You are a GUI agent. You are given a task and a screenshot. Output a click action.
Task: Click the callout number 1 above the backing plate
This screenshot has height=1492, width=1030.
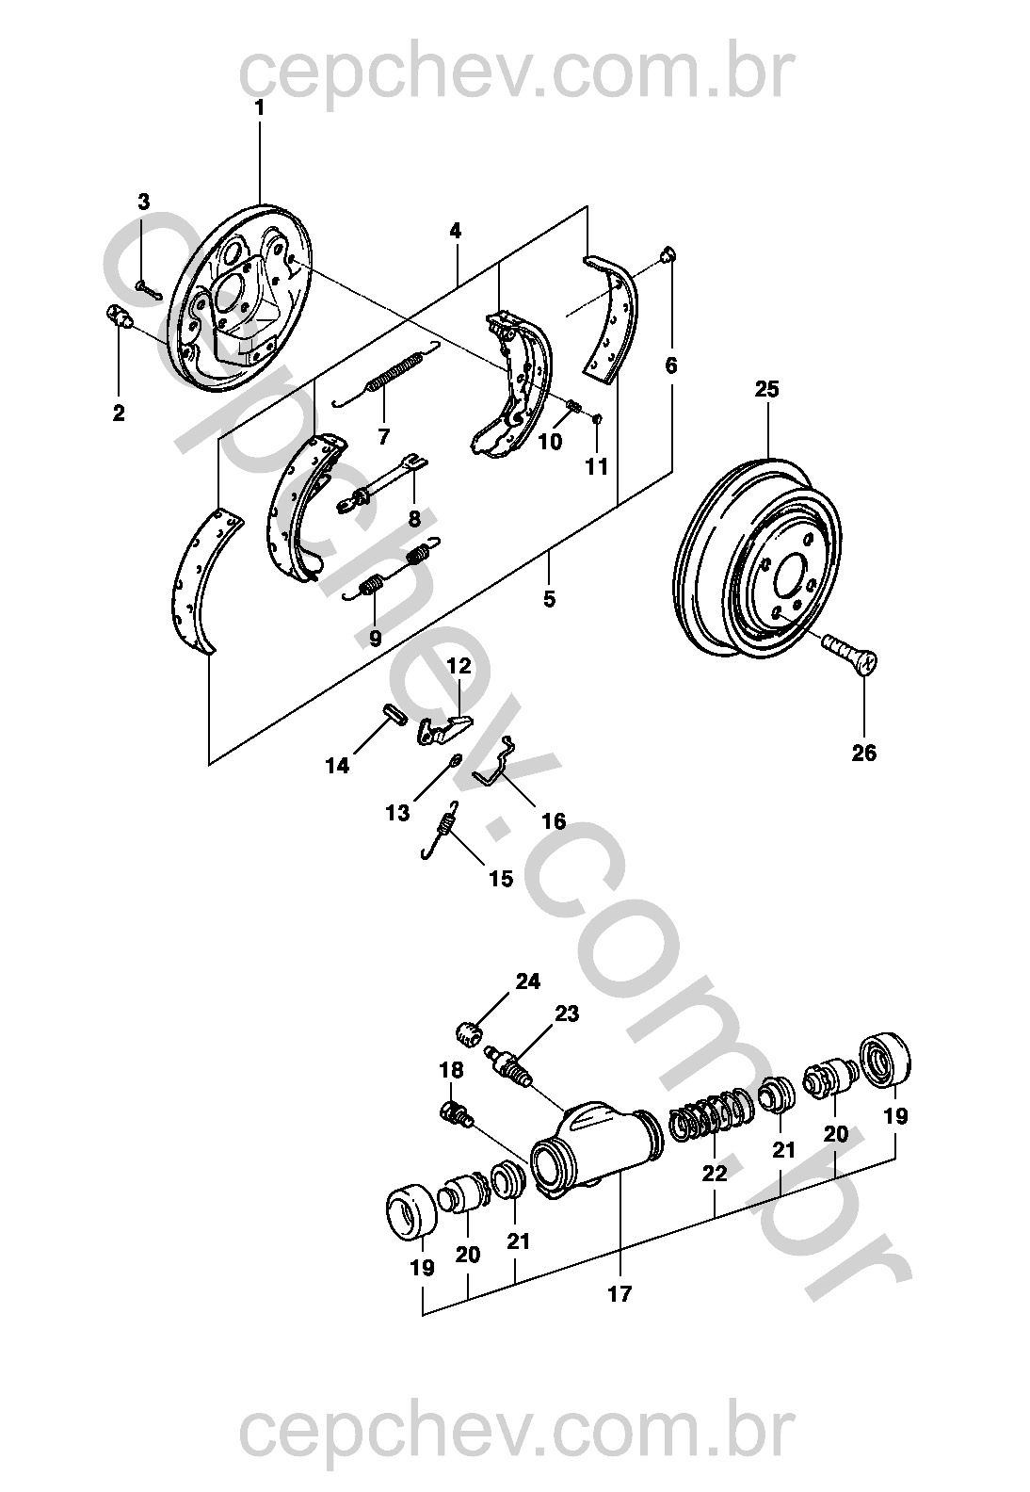point(259,108)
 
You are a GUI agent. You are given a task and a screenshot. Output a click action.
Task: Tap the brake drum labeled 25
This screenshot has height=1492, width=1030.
point(757,559)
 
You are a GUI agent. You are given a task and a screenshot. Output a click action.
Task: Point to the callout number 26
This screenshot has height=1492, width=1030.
point(863,753)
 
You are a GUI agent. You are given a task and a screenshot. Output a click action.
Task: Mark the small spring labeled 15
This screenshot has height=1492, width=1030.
point(440,831)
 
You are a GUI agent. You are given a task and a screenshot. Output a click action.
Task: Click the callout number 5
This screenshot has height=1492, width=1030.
point(549,599)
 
